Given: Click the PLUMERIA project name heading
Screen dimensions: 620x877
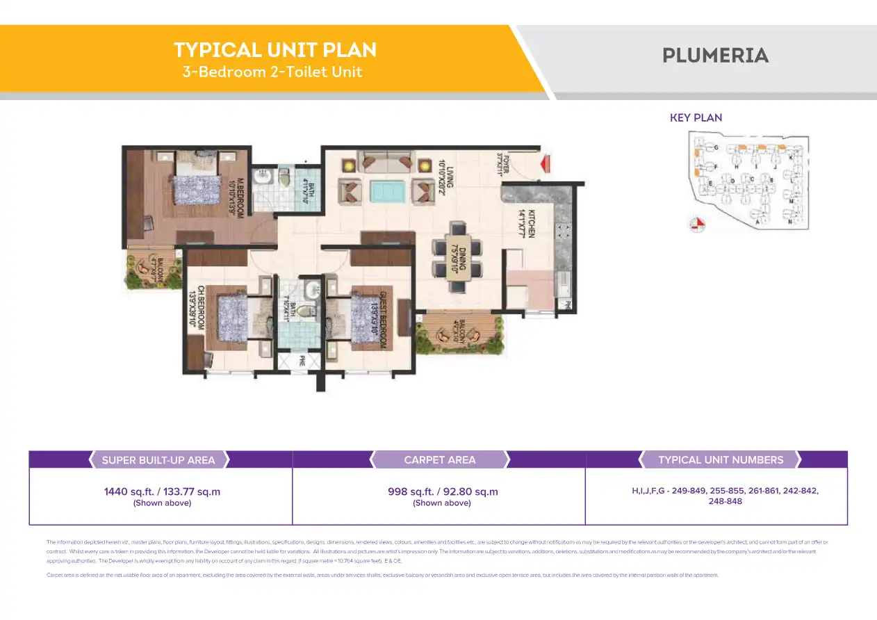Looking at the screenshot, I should tap(715, 56).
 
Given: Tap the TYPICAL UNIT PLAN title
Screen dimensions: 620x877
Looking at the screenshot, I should tap(275, 50).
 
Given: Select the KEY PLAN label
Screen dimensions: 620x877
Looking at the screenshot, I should tap(696, 117).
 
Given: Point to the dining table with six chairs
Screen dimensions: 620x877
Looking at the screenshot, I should tap(456, 250).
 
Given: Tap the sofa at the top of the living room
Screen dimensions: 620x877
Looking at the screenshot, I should tap(384, 162).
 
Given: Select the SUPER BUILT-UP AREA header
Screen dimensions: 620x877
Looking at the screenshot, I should tap(158, 459).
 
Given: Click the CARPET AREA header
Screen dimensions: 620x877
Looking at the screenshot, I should tap(439, 459).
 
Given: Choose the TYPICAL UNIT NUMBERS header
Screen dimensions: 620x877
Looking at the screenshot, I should tap(720, 459).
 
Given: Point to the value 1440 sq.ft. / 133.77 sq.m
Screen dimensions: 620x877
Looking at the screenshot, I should tap(162, 491).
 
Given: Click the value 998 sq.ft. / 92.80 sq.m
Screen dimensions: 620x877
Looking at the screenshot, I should tap(443, 491).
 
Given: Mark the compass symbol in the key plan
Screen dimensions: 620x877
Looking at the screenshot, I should tap(696, 224).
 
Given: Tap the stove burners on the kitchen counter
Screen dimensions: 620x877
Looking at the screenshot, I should tap(563, 234).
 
